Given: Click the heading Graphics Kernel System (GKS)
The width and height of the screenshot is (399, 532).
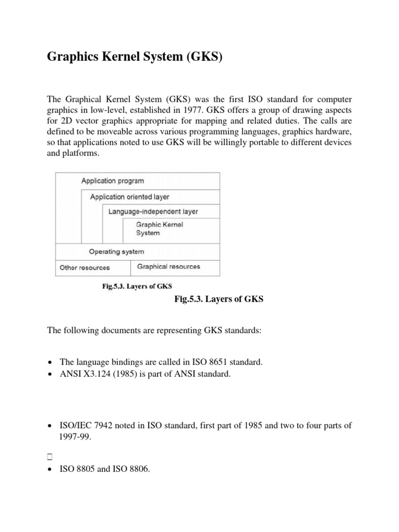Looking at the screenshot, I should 135,57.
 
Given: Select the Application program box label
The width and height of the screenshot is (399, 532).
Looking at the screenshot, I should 112,181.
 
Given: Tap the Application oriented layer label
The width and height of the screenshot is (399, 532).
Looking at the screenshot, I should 129,197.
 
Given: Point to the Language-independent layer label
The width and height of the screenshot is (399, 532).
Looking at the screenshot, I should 153,212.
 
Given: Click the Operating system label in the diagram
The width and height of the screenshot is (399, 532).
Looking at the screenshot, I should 116,251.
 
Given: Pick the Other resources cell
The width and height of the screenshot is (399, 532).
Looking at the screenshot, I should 85,268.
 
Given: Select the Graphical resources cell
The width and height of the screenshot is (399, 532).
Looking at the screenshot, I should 168,267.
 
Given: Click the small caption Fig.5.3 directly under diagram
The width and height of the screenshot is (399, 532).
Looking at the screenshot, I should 136,286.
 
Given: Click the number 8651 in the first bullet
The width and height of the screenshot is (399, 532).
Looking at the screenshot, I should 209,362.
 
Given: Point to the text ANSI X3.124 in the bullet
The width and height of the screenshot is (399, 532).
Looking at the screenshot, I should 81,374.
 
